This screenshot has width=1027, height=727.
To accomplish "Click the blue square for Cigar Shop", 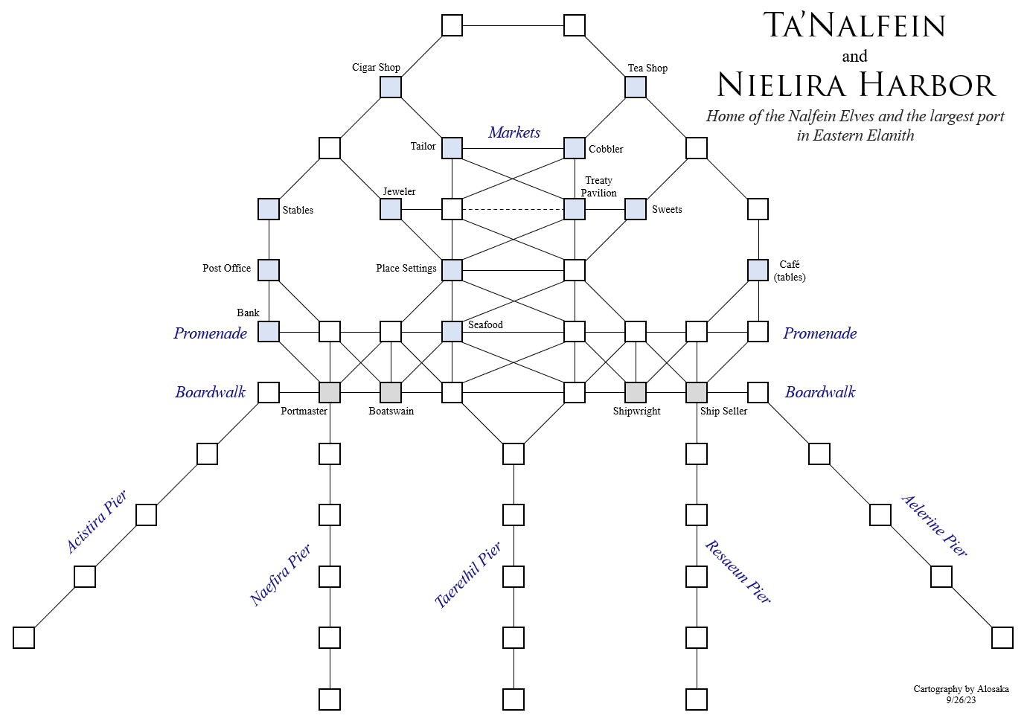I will pyautogui.click(x=391, y=87).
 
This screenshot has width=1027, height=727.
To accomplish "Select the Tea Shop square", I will pyautogui.click(x=636, y=87).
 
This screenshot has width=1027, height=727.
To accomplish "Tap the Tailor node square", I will pyautogui.click(x=452, y=148).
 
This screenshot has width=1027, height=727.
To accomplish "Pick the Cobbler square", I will pyautogui.click(x=575, y=148).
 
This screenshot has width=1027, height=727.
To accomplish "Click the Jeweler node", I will pyautogui.click(x=391, y=209).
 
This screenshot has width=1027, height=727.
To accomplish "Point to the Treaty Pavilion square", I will pyautogui.click(x=575, y=209).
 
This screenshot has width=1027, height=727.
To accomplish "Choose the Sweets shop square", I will pyautogui.click(x=636, y=209).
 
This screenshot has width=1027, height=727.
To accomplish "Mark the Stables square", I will pyautogui.click(x=269, y=209).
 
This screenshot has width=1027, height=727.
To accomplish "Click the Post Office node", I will pyautogui.click(x=269, y=270).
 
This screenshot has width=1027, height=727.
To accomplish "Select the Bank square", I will pyautogui.click(x=269, y=331).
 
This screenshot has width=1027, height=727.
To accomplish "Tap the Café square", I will pyautogui.click(x=758, y=270).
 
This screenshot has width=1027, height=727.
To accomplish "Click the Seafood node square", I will pyautogui.click(x=452, y=331).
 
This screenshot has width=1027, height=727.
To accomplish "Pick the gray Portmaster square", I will pyautogui.click(x=330, y=392).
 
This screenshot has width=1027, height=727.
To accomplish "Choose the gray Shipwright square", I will pyautogui.click(x=636, y=392).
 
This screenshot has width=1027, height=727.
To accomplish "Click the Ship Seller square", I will pyautogui.click(x=697, y=392).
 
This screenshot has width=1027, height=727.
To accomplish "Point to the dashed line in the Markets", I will pyautogui.click(x=513, y=209).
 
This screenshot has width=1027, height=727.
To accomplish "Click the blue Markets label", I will pyautogui.click(x=514, y=132).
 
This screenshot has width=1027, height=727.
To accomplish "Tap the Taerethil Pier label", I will pyautogui.click(x=468, y=574).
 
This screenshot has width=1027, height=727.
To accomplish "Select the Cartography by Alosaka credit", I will pyautogui.click(x=961, y=689).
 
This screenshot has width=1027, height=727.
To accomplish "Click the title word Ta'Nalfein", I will pyautogui.click(x=854, y=25).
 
